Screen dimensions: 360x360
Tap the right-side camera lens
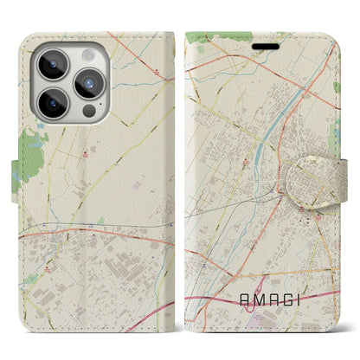(90, 84)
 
